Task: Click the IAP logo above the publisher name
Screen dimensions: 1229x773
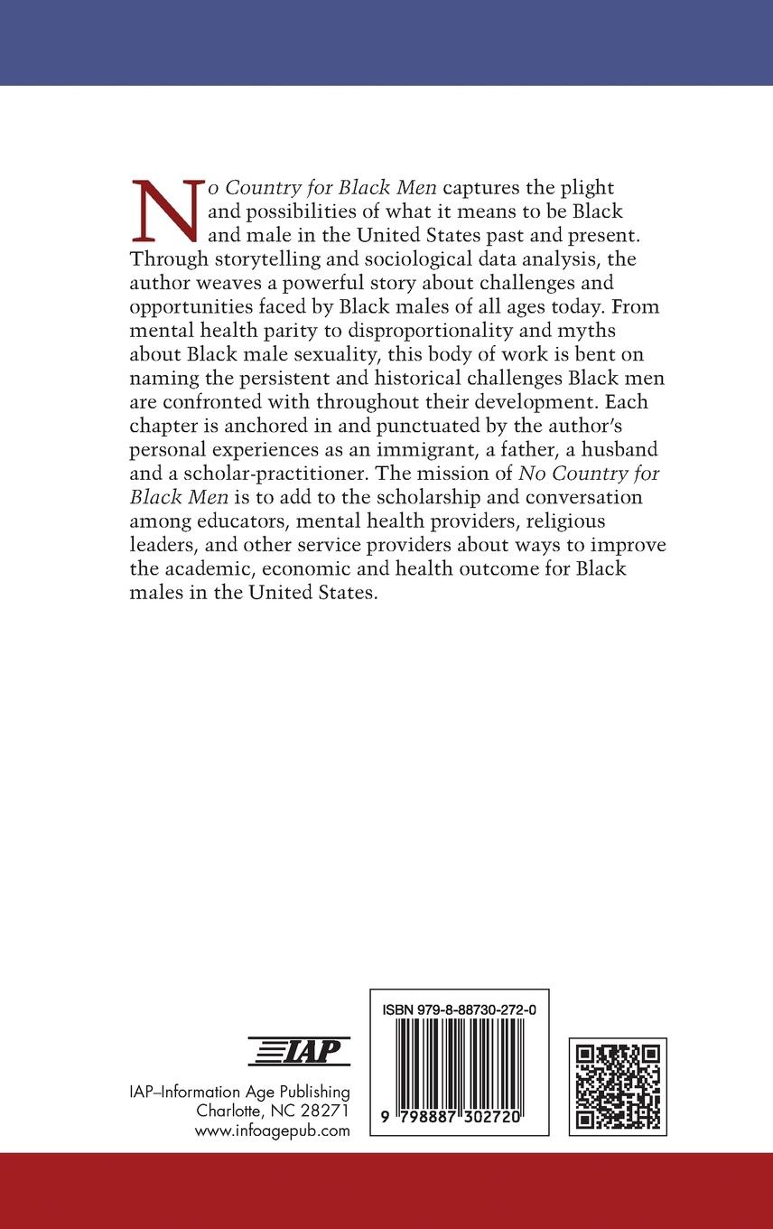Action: tap(299, 1052)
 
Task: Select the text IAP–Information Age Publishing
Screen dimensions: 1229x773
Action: tap(239, 1093)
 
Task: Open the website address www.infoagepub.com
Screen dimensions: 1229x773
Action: tap(272, 1130)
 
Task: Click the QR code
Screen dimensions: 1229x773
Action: tap(618, 1085)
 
